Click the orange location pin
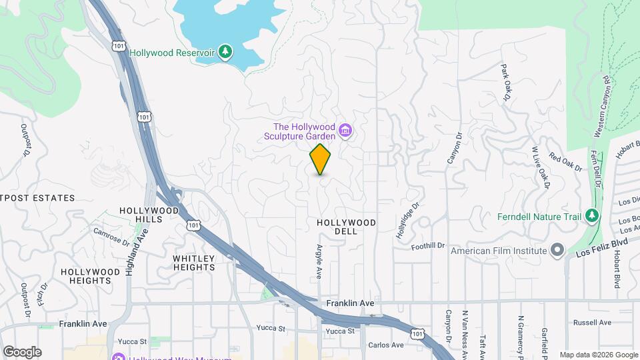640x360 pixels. [x=321, y=159]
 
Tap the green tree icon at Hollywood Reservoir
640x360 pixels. [x=227, y=52]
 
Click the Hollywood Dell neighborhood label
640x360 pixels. [x=347, y=227]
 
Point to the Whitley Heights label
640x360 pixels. [x=194, y=263]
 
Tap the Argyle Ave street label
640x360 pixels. [x=318, y=261]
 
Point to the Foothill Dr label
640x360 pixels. [x=427, y=245]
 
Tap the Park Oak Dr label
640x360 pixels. [x=505, y=83]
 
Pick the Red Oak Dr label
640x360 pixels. [x=565, y=162]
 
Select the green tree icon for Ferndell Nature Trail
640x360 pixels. [x=591, y=216]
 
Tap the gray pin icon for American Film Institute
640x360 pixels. [x=557, y=251]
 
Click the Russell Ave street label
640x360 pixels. [x=593, y=323]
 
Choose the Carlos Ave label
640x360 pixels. [x=387, y=345]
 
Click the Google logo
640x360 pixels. [x=22, y=352]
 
